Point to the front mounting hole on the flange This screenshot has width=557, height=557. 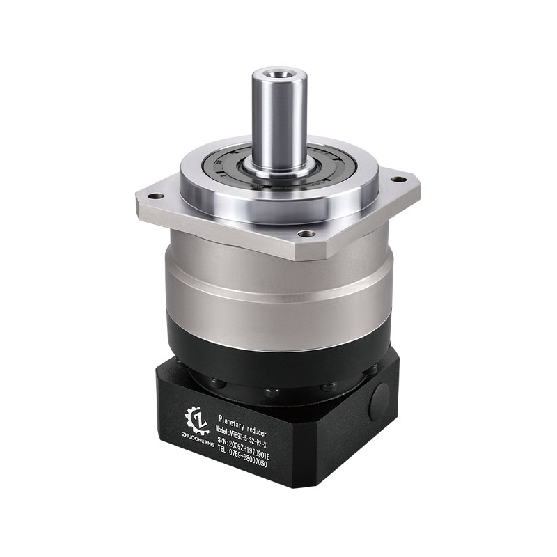tap(301, 234)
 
